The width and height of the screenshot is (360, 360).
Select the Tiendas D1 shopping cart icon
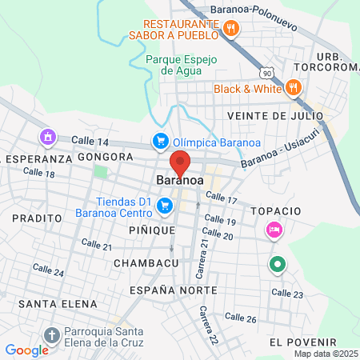click(165, 206)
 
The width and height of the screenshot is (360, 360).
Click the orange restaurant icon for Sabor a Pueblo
click(231, 29)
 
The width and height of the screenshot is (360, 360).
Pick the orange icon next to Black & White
click(294, 88)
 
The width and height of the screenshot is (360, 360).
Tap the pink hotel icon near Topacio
click(274, 230)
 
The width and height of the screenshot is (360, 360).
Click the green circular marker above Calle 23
click(278, 262)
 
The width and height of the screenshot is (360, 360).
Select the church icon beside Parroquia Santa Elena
click(53, 335)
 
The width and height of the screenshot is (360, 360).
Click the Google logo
click(26, 350)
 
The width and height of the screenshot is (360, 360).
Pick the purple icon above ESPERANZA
click(49, 138)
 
